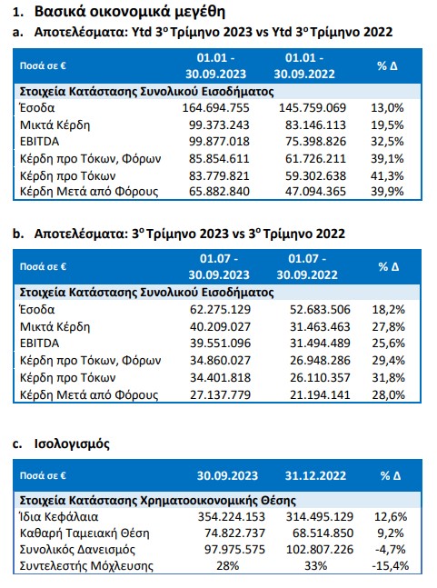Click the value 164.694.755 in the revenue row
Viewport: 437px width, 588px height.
(216, 108)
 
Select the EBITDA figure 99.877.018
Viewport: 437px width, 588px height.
(219, 142)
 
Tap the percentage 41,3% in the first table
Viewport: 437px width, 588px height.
(387, 176)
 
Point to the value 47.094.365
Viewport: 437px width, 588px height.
(315, 192)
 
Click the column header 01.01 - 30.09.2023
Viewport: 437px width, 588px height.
(216, 65)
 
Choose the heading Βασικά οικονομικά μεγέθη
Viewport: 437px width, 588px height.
(130, 12)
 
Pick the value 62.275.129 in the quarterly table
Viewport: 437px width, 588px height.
(221, 309)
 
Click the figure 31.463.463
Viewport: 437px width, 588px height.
(320, 326)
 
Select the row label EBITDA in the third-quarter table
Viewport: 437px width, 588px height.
(39, 344)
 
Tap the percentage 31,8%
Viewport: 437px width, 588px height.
(388, 378)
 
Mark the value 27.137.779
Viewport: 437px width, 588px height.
(221, 394)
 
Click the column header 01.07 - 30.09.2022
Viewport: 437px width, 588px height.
(307, 266)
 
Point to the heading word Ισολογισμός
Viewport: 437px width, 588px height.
(72, 444)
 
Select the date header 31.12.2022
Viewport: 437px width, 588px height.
(315, 476)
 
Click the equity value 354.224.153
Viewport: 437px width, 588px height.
(232, 517)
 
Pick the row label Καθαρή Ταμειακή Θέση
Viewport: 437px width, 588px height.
(84, 533)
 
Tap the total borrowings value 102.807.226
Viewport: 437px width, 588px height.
(320, 549)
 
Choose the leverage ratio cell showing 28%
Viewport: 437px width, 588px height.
(228, 565)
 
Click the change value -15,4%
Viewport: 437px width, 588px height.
(390, 565)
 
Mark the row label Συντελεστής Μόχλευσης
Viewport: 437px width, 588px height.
(86, 566)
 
